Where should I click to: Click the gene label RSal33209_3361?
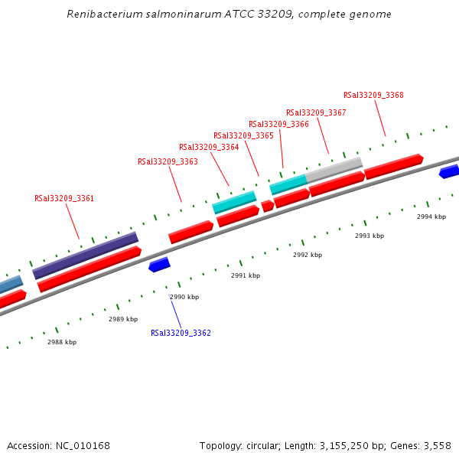click(64, 198)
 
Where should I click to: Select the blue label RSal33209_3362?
click(181, 333)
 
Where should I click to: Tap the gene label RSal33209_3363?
click(168, 161)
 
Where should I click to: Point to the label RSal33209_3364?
click(209, 147)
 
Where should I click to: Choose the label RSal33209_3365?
click(243, 135)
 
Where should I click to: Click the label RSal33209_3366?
click(278, 124)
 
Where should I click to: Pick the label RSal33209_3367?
click(316, 112)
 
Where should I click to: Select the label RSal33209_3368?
click(373, 95)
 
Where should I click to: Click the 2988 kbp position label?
click(62, 342)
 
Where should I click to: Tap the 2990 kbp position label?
click(184, 297)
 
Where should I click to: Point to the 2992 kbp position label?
click(308, 255)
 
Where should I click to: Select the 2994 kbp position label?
click(431, 216)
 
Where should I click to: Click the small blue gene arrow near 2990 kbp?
click(159, 265)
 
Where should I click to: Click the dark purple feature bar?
click(85, 256)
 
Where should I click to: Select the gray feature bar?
click(334, 168)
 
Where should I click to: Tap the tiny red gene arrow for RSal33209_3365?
click(267, 206)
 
